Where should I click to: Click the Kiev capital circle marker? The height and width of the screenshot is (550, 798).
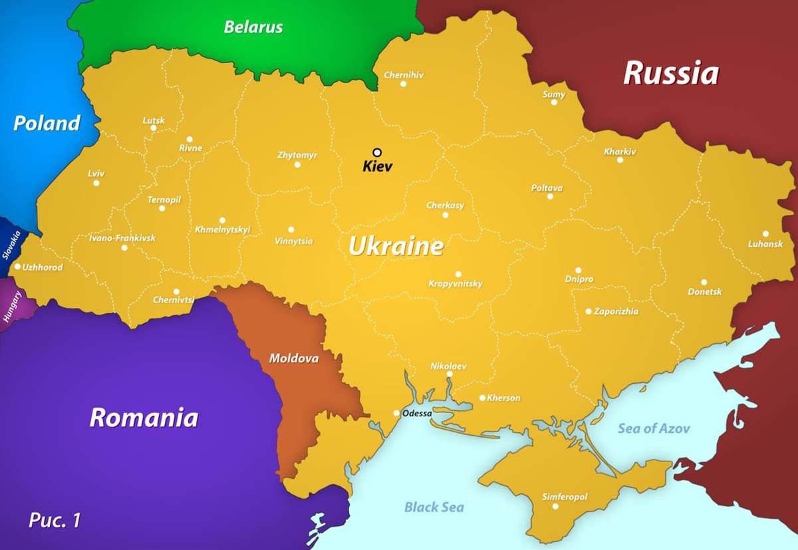click(x=377, y=152)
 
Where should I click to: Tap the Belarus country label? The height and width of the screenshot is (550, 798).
click(x=253, y=27)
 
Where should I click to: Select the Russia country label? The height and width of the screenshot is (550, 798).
click(x=670, y=73)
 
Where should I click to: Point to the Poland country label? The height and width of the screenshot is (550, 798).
click(x=47, y=123)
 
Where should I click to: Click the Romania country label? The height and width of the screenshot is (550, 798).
click(x=144, y=418)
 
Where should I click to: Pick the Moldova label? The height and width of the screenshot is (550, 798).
click(x=293, y=358)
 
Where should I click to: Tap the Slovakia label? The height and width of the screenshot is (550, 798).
click(x=11, y=245)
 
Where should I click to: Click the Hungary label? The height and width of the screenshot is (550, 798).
click(x=12, y=307)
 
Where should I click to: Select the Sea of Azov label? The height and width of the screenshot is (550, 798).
click(x=654, y=428)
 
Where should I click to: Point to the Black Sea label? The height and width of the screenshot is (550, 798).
click(x=434, y=507)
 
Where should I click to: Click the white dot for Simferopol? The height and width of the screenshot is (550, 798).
click(x=555, y=506)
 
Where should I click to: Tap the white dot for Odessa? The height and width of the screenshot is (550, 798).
click(x=396, y=413)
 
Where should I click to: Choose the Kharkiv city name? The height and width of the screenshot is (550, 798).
click(x=620, y=152)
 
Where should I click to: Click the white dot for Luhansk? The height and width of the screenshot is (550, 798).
click(x=765, y=233)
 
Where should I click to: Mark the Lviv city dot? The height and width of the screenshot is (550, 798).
click(x=96, y=183)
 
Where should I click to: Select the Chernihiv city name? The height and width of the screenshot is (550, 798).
click(x=404, y=75)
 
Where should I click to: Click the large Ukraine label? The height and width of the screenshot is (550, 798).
click(x=396, y=247)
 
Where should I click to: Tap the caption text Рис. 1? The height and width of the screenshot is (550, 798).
click(x=55, y=520)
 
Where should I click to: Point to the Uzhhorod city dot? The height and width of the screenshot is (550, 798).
click(x=17, y=267)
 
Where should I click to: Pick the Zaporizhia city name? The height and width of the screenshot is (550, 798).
click(x=616, y=311)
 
